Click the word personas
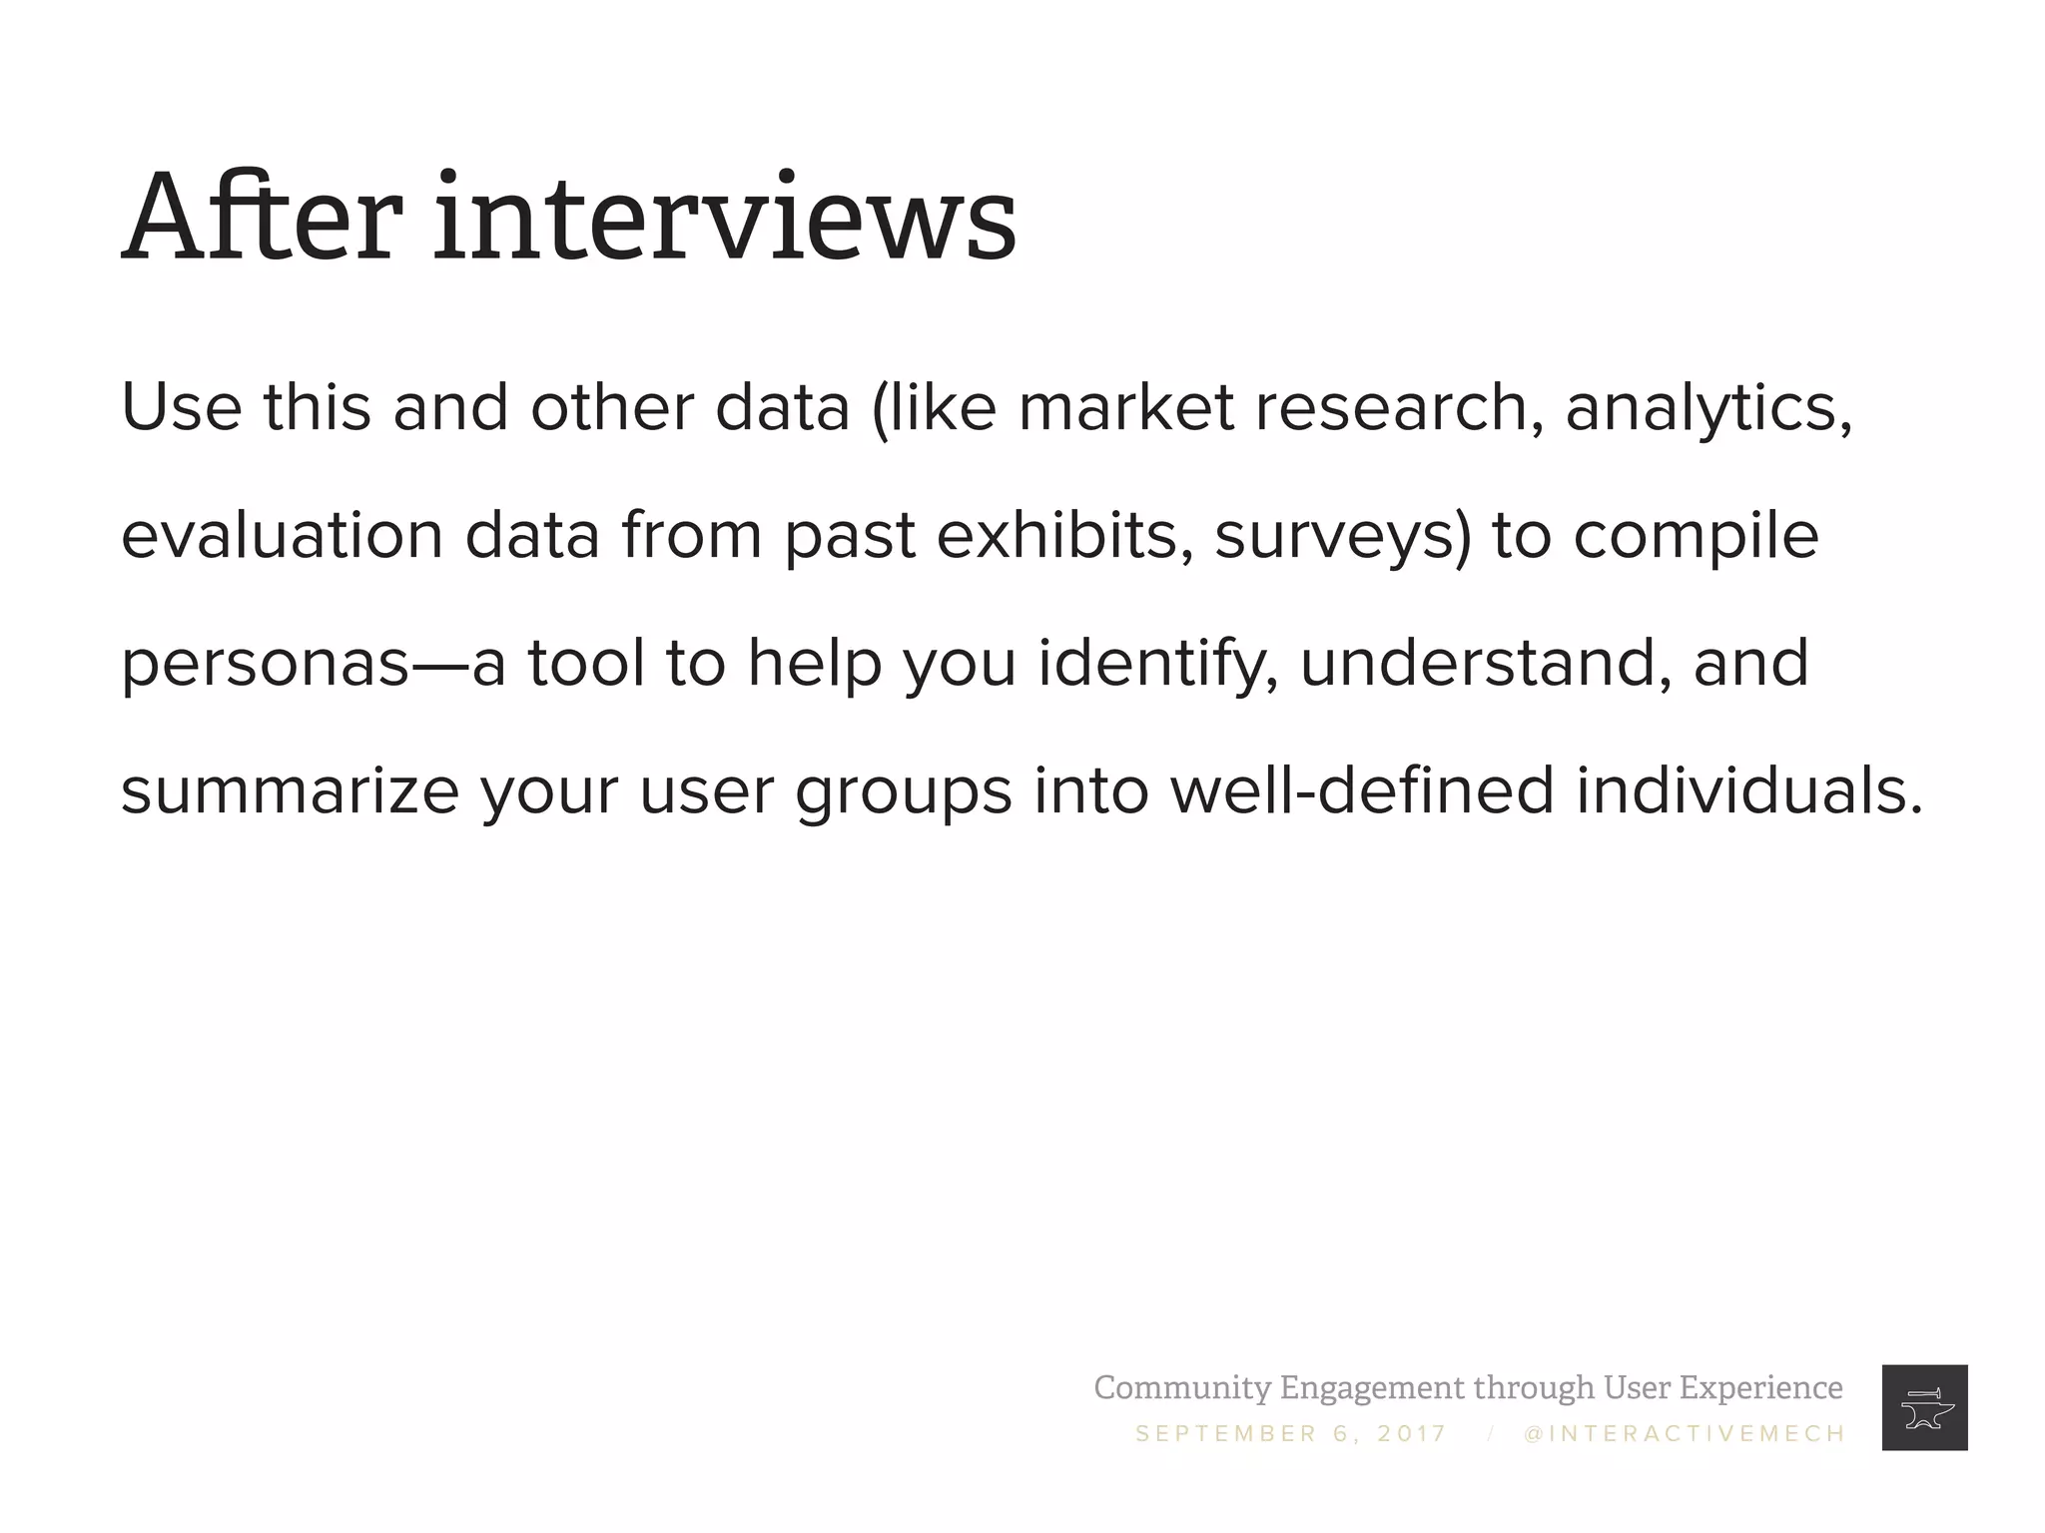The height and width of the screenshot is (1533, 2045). tap(265, 665)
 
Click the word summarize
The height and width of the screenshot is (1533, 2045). tap(290, 790)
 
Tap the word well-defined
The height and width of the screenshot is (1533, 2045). tap(1362, 790)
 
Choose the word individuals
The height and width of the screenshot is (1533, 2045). tap(1748, 790)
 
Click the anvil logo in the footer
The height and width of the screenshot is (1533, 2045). tap(1924, 1407)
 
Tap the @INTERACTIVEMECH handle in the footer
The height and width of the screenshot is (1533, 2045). tap(1685, 1434)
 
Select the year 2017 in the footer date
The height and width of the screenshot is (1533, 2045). tap(1411, 1434)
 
